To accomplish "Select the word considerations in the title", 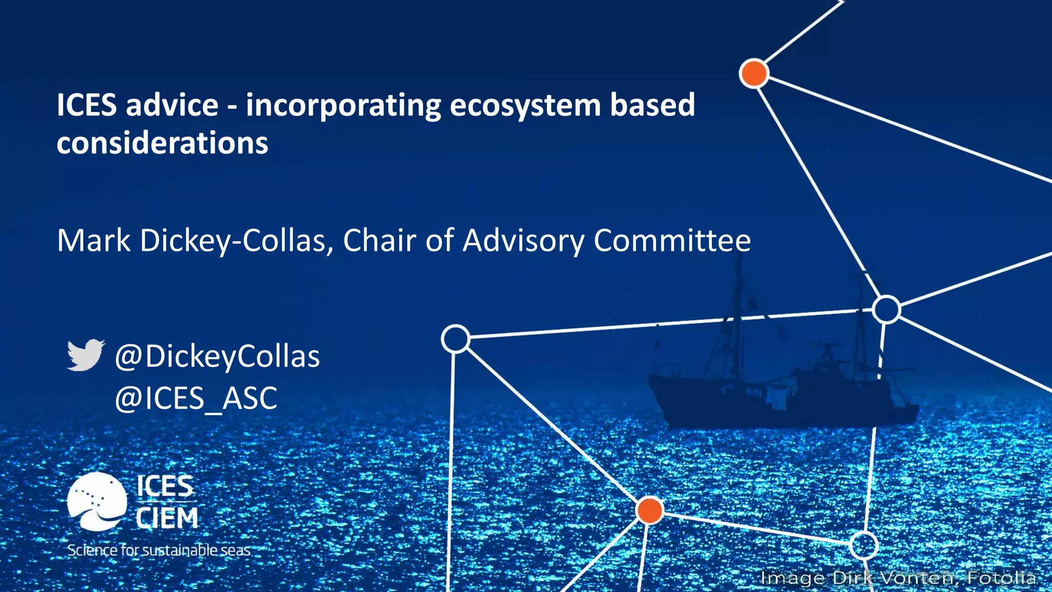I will coord(162,143).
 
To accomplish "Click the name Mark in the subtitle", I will coord(93,240).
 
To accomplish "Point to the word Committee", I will coord(672,240).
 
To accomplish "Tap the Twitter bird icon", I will coord(85,355).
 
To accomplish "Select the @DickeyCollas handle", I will coord(217,357).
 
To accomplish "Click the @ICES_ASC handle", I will coord(196,398).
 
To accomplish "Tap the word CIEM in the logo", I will coord(167,518).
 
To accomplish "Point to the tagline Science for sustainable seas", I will coord(159,550).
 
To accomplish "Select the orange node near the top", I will coord(754,73).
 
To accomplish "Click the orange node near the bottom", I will coord(649,510).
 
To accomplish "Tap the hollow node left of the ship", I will coord(455,339).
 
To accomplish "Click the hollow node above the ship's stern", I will coord(886,309).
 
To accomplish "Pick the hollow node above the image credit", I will coord(863,545).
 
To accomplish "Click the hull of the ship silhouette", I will coord(781,406).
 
